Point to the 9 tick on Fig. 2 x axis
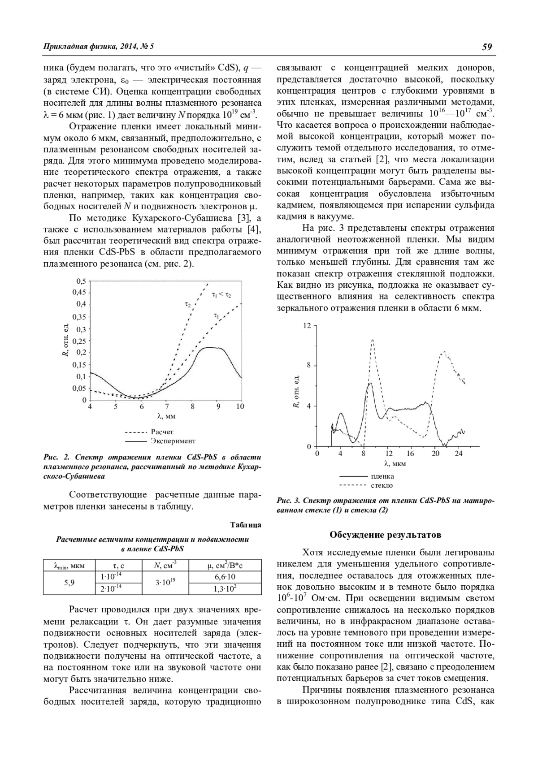[218, 407]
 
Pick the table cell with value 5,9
[69, 583]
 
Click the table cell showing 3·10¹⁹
[165, 583]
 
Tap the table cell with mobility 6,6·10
[225, 577]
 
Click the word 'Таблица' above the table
[246, 525]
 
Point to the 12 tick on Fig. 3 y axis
[307, 325]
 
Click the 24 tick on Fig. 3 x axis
[458, 454]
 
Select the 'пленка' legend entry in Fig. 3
[382, 476]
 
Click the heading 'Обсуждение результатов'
[385, 535]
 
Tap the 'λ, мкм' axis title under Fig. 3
[395, 463]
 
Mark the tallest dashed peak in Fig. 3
[372, 340]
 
